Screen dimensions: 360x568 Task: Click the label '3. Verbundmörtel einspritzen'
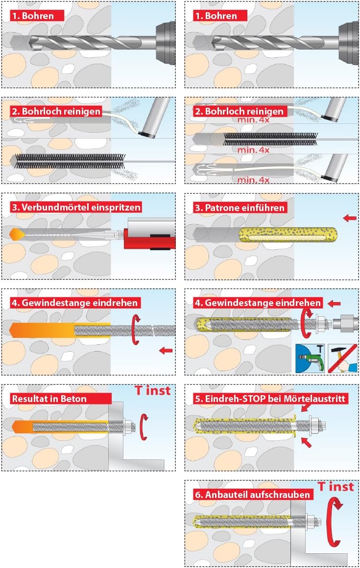(76, 207)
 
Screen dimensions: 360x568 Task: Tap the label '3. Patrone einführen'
(240, 208)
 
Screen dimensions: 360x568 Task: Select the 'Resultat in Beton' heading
(49, 399)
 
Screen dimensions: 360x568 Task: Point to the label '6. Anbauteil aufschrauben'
(252, 495)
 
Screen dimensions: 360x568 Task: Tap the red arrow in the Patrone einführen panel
(349, 218)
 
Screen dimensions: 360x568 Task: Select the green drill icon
(310, 358)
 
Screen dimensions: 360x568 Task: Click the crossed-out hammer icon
(342, 358)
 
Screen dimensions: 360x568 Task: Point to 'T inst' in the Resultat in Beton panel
(152, 391)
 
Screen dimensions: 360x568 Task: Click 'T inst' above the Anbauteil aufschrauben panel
(336, 487)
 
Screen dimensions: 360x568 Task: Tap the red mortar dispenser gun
(149, 239)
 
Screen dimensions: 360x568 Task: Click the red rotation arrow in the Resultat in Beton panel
(144, 426)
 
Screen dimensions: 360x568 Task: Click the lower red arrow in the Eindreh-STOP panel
(307, 442)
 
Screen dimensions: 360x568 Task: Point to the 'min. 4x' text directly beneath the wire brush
(254, 150)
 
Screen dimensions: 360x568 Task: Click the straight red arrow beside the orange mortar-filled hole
(166, 350)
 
